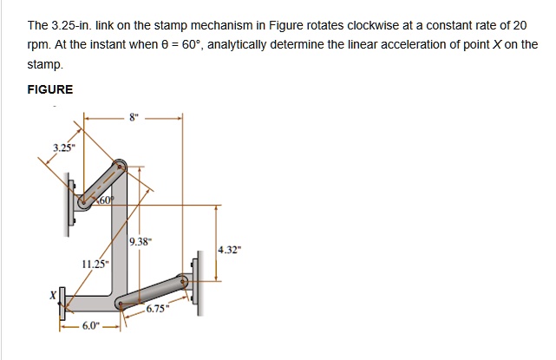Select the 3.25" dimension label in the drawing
[62, 148]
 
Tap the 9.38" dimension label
[141, 243]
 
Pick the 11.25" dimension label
[95, 263]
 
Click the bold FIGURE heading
[50, 89]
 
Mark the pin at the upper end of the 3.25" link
[121, 165]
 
